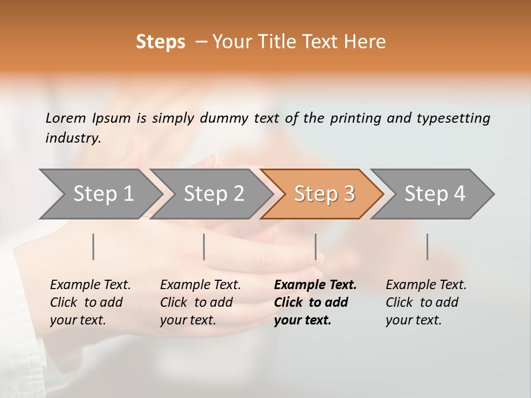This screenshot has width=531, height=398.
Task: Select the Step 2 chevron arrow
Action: click(214, 194)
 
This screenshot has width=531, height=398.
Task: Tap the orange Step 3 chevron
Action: click(324, 194)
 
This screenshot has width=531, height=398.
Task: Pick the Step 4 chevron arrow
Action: click(435, 194)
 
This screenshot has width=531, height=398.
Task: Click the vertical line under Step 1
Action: click(93, 247)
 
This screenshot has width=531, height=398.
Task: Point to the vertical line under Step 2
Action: click(204, 247)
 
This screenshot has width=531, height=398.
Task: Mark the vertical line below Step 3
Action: click(316, 247)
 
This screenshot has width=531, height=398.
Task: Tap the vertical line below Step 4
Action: click(428, 247)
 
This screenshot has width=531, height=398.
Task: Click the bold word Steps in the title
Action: click(160, 42)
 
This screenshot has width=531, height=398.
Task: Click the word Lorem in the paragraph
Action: click(66, 118)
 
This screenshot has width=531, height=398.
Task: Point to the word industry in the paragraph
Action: click(73, 138)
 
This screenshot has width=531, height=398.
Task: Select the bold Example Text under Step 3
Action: click(315, 285)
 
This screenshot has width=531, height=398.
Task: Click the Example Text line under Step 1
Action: click(90, 285)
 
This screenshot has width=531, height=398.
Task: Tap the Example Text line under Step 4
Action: click(426, 285)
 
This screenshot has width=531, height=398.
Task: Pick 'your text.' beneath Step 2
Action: click(188, 320)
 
